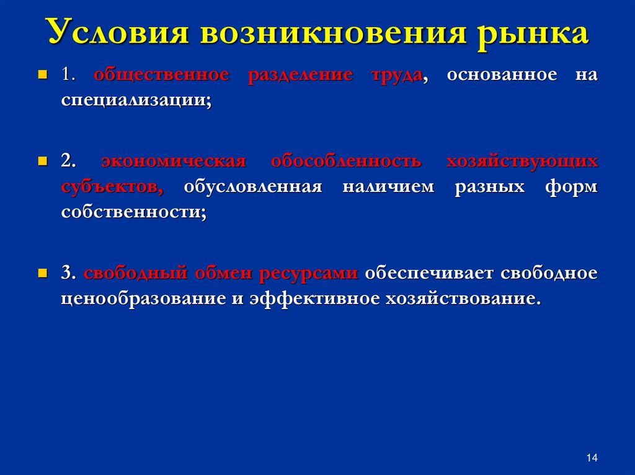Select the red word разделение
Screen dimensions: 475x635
click(x=300, y=76)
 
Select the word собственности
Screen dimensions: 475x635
click(x=133, y=212)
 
